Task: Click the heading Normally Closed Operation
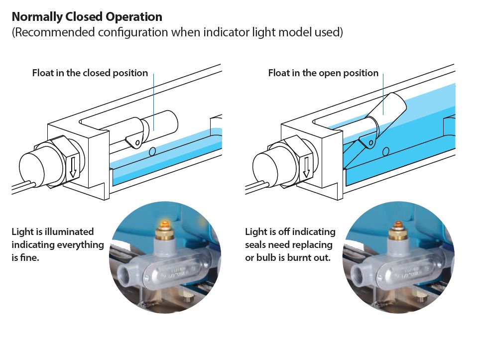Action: click(x=87, y=17)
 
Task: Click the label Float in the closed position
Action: click(x=90, y=73)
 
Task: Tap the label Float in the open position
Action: click(x=323, y=73)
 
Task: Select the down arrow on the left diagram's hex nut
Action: click(x=73, y=166)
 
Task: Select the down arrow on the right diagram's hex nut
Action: click(x=306, y=166)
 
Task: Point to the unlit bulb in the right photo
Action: click(x=399, y=225)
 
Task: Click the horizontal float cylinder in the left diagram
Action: click(x=159, y=124)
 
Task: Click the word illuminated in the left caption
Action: click(x=68, y=232)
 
